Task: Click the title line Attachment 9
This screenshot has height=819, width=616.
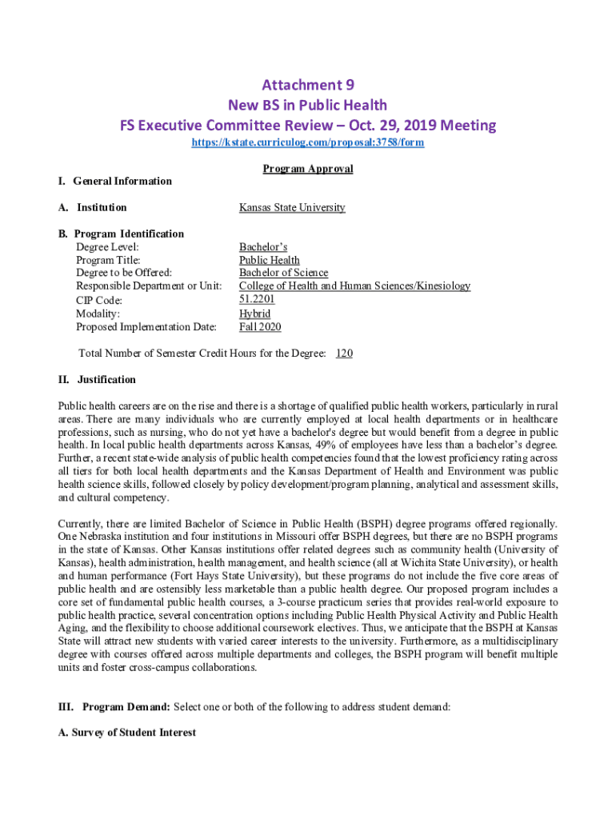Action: [x=308, y=85]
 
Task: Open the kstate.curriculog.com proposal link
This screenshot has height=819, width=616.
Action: [x=307, y=142]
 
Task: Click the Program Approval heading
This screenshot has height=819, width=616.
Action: [x=308, y=169]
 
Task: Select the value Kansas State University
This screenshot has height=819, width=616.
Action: [x=292, y=207]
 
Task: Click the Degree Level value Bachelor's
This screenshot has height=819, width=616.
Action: [x=263, y=247]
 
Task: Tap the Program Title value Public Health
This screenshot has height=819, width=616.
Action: [x=270, y=260]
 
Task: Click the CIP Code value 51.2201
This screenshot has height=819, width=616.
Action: [x=257, y=299]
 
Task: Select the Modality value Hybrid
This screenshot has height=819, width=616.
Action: [x=254, y=314]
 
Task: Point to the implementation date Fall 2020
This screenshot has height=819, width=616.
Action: [x=260, y=326]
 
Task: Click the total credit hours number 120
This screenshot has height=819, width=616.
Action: [x=344, y=353]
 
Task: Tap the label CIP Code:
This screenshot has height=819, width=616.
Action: [x=99, y=301]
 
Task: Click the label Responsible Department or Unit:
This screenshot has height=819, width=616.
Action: [x=149, y=286]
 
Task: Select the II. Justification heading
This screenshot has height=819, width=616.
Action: [x=97, y=379]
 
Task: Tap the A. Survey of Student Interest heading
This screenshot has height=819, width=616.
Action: [x=127, y=732]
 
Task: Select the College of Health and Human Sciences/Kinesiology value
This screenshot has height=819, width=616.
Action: [x=354, y=286]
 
